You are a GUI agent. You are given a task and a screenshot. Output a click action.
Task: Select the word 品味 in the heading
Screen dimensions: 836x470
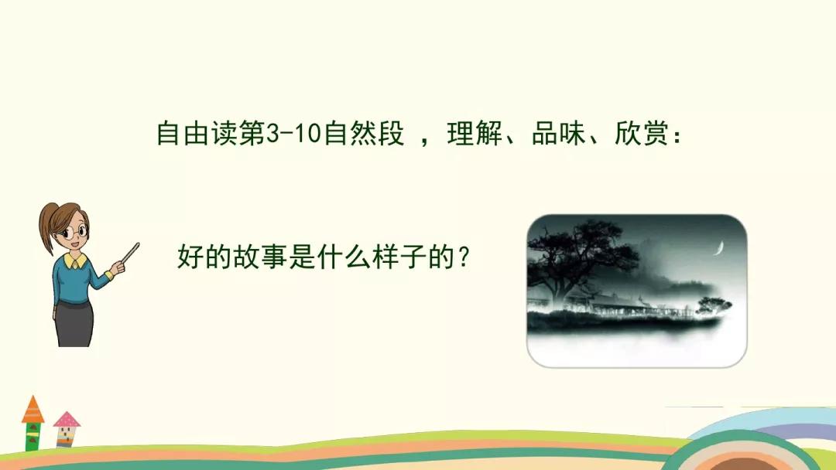(x=557, y=135)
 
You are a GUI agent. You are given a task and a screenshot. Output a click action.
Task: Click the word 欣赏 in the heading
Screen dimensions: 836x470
(x=640, y=135)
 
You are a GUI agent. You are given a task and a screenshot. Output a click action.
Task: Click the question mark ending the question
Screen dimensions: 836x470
(x=464, y=256)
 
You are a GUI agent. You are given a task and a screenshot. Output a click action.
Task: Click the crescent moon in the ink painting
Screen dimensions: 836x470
(x=719, y=248)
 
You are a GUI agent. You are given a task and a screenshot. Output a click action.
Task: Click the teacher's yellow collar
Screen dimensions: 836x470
(x=75, y=261)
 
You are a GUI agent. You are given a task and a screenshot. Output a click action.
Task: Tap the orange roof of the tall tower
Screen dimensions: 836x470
(x=33, y=410)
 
